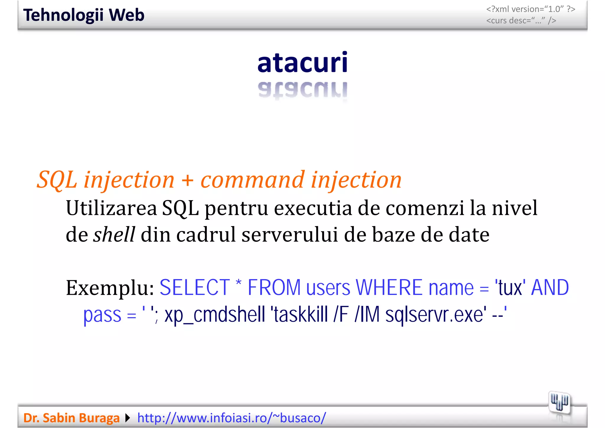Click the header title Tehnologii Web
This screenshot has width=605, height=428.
(84, 15)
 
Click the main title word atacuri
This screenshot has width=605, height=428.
(302, 62)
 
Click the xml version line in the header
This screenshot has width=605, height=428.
(531, 9)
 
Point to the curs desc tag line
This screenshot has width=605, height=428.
(521, 21)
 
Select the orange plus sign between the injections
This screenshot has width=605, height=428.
(188, 180)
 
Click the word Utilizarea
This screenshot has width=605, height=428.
(111, 208)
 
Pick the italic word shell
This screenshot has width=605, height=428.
(114, 234)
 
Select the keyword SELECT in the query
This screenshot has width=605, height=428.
(195, 287)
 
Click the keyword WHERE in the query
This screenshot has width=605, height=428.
(389, 287)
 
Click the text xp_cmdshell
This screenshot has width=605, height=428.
(215, 314)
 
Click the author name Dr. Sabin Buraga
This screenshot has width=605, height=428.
(71, 418)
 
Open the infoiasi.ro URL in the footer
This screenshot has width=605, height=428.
(232, 418)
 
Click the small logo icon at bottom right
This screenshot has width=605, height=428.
(559, 403)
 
